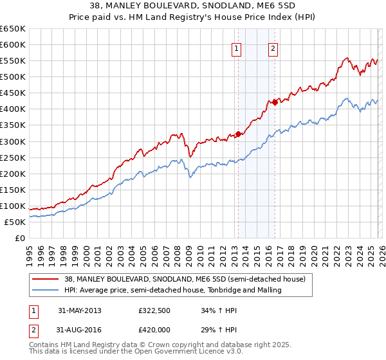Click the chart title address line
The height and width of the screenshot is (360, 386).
click(193, 6)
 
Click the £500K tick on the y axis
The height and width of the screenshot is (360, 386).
click(12, 76)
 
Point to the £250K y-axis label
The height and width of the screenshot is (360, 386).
click(12, 157)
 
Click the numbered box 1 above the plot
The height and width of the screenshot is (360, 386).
click(237, 48)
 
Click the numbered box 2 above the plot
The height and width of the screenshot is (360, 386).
click(273, 48)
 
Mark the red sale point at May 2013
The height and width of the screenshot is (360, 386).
click(238, 134)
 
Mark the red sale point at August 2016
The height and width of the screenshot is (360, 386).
click(275, 102)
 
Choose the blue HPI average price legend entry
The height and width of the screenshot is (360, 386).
click(173, 291)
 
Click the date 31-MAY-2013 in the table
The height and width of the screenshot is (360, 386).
click(80, 310)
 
